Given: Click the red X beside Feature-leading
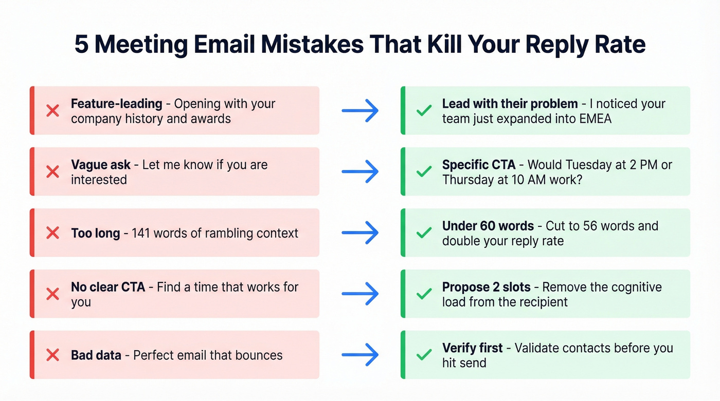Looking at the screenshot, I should (52, 110).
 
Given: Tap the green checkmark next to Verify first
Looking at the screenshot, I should (424, 354).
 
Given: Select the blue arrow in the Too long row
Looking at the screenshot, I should (360, 233).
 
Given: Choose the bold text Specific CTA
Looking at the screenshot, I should (478, 165).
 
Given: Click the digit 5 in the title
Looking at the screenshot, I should (81, 45).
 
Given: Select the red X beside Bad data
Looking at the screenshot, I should (52, 354).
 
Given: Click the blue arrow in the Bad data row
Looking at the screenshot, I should (360, 354).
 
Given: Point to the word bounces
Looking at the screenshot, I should (258, 355).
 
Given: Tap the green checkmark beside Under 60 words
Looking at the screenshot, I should (424, 233).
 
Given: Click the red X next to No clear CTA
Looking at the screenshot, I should (52, 294).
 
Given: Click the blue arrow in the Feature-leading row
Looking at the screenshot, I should (360, 110).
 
